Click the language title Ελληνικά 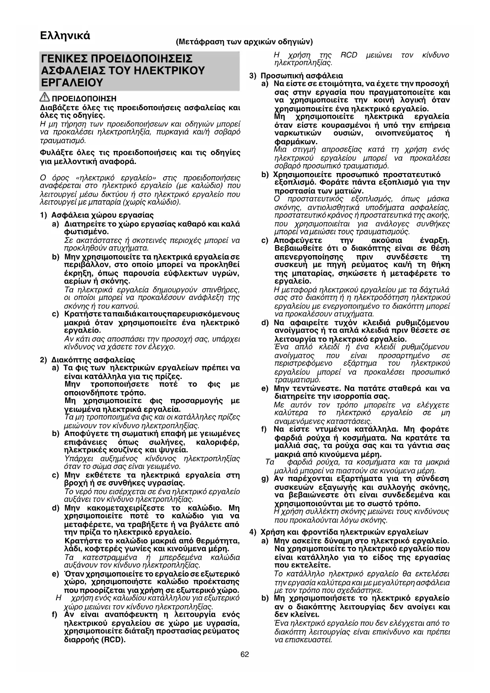coord(65,36)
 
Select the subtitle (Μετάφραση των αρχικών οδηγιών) coord(245,41)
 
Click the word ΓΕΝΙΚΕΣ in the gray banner coord(64,59)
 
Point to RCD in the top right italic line coord(349,55)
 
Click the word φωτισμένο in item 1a coord(86,232)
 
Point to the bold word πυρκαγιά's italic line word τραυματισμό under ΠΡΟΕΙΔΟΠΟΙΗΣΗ coord(63,141)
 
